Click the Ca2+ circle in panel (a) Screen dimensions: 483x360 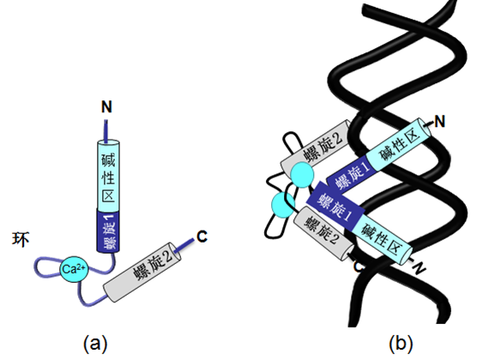pos(74,269)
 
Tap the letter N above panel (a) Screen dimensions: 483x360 pos(106,107)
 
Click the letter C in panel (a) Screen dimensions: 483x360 pos(202,237)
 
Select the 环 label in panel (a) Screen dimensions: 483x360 pos(21,239)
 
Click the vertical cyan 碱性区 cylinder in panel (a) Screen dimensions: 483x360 pos(108,175)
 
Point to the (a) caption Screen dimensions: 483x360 pos(95,344)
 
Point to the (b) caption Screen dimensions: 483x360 pos(401,344)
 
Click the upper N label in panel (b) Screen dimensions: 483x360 pos(440,121)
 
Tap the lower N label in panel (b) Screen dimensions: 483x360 pos(419,268)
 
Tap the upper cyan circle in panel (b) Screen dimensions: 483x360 pos(303,175)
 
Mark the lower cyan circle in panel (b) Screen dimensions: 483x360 pos(283,205)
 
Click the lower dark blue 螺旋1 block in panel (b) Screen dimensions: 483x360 pos(335,203)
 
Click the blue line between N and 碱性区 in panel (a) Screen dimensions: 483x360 pos(106,131)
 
